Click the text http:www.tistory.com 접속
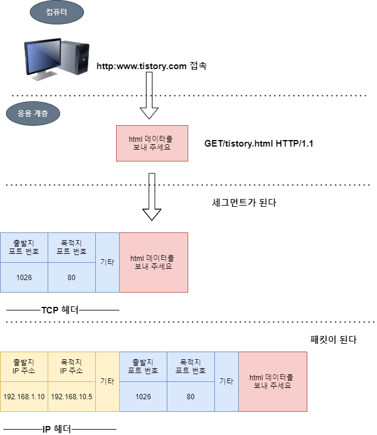pyautogui.click(x=151, y=66)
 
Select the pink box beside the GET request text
pyautogui.click(x=152, y=143)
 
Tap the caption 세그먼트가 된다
pyautogui.click(x=244, y=203)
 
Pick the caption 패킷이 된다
pyautogui.click(x=334, y=340)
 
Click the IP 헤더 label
pyautogui.click(x=57, y=428)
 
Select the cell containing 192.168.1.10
pyautogui.click(x=24, y=396)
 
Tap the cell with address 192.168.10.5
pyautogui.click(x=71, y=396)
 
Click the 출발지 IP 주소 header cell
pyautogui.click(x=24, y=366)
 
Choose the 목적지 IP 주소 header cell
pyautogui.click(x=71, y=366)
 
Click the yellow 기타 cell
pyautogui.click(x=107, y=381)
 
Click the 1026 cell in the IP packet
pyautogui.click(x=143, y=396)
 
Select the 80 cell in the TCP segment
pyautogui.click(x=71, y=277)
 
